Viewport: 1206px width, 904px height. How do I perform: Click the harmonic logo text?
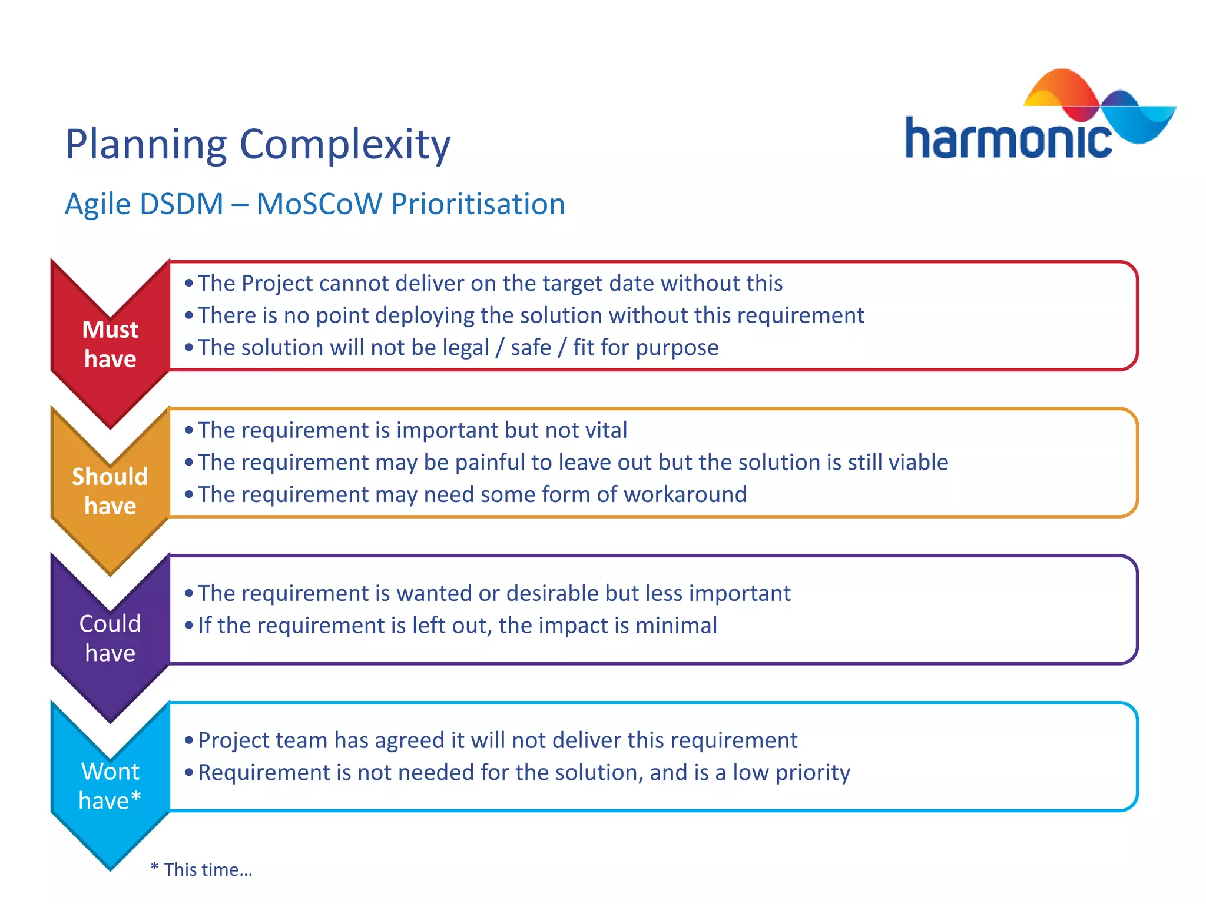point(1007,138)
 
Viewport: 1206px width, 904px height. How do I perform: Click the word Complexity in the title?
point(345,145)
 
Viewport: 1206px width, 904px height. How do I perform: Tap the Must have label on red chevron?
point(110,344)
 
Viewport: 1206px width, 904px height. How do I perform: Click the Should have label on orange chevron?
point(110,491)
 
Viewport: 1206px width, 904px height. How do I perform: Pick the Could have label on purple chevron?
point(110,638)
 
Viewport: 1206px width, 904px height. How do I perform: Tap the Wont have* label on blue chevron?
point(110,786)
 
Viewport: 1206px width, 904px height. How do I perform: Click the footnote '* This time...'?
point(202,869)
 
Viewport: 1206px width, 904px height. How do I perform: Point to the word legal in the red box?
point(466,348)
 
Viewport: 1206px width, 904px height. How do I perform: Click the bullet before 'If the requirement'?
point(189,626)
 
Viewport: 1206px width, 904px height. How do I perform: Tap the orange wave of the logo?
point(1060,88)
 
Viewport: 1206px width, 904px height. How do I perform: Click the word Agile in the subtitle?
point(98,204)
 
